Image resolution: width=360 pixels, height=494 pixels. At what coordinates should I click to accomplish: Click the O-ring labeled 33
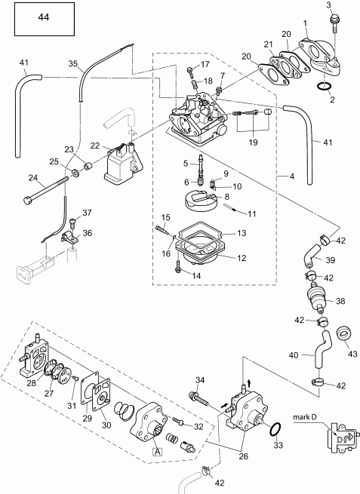coord(276,430)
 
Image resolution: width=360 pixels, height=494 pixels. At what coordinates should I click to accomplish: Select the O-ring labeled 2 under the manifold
coord(323,90)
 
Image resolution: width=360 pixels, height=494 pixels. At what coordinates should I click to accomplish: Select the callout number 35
coord(73,65)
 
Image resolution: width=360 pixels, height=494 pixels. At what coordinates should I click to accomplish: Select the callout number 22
coord(96,145)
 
